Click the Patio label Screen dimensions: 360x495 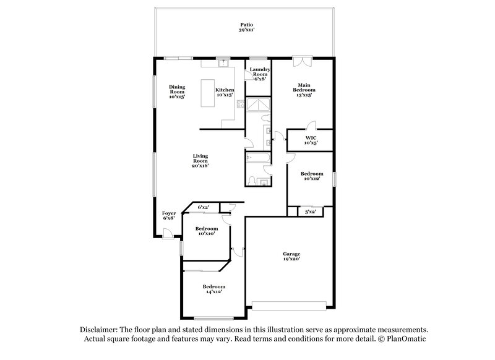coord(247,27)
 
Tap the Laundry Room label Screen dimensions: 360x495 coord(260,72)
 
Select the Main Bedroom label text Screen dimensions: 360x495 coord(303,90)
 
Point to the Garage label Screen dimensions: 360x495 coord(291,256)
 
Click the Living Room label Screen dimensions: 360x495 coord(199,161)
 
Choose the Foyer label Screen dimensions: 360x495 coord(169,215)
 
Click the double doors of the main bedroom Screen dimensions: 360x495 coord(303,62)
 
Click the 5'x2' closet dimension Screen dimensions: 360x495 coord(311,212)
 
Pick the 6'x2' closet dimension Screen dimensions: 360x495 coord(204,207)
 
